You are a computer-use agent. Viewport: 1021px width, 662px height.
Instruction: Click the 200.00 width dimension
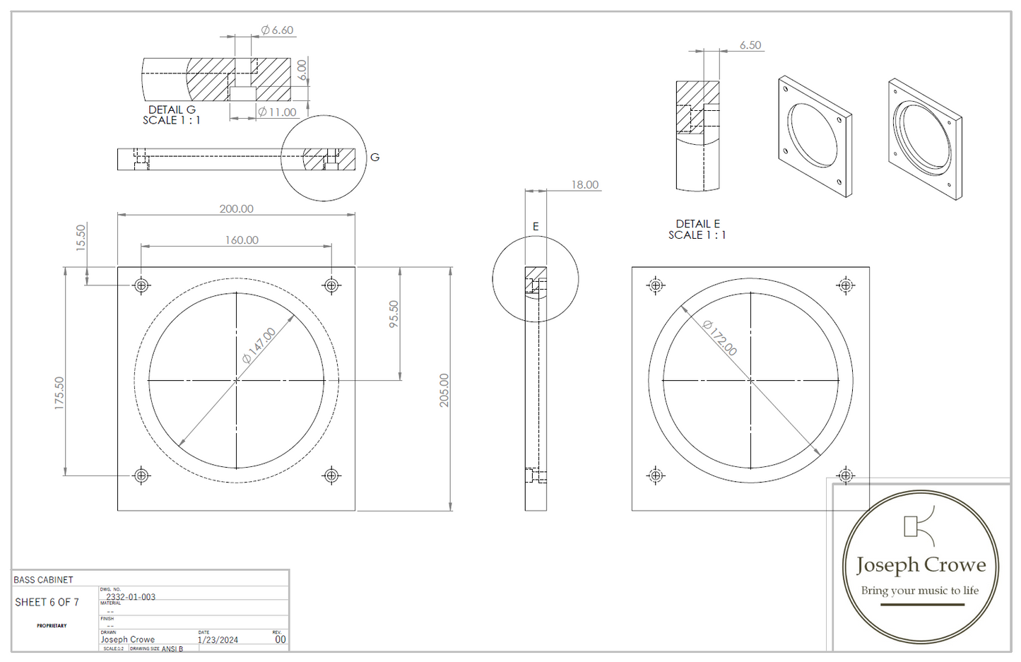236,209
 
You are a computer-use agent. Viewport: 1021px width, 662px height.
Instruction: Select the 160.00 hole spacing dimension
242,240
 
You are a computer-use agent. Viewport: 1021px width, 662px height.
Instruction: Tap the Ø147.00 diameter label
259,345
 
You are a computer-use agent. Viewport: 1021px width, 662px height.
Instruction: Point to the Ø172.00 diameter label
720,338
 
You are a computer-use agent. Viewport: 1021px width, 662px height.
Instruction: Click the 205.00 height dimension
444,390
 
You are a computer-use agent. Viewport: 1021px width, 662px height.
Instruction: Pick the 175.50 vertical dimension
59,393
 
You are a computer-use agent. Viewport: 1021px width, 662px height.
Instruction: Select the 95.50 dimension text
394,314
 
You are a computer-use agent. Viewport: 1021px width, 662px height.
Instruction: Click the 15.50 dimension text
81,237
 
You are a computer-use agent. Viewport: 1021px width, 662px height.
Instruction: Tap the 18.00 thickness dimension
585,185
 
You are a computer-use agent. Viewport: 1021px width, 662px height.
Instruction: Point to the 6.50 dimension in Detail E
750,45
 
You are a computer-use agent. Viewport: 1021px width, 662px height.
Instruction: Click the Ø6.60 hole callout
277,30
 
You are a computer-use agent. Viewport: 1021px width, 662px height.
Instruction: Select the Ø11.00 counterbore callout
277,112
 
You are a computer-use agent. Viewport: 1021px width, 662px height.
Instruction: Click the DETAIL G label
172,110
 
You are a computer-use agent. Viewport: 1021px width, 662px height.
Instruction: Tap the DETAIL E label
697,224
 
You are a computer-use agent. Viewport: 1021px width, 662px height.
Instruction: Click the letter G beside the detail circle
374,158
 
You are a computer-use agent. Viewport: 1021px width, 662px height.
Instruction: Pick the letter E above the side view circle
536,227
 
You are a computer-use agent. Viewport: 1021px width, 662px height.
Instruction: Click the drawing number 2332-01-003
131,597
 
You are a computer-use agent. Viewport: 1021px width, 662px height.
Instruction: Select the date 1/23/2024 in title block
218,640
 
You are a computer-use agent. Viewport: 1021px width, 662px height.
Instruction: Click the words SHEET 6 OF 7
47,603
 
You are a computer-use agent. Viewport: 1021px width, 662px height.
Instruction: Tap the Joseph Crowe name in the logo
921,565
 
